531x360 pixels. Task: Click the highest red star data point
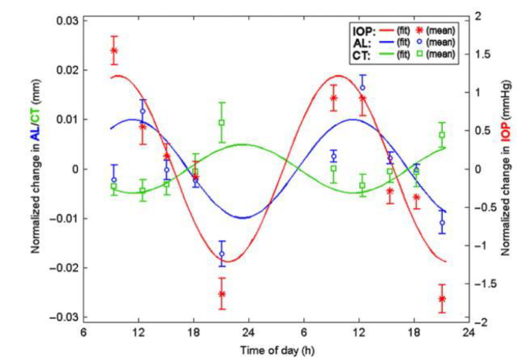114,50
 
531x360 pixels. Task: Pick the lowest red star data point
443,299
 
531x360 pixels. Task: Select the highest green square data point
222,122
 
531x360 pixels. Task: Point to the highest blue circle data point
362,88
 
